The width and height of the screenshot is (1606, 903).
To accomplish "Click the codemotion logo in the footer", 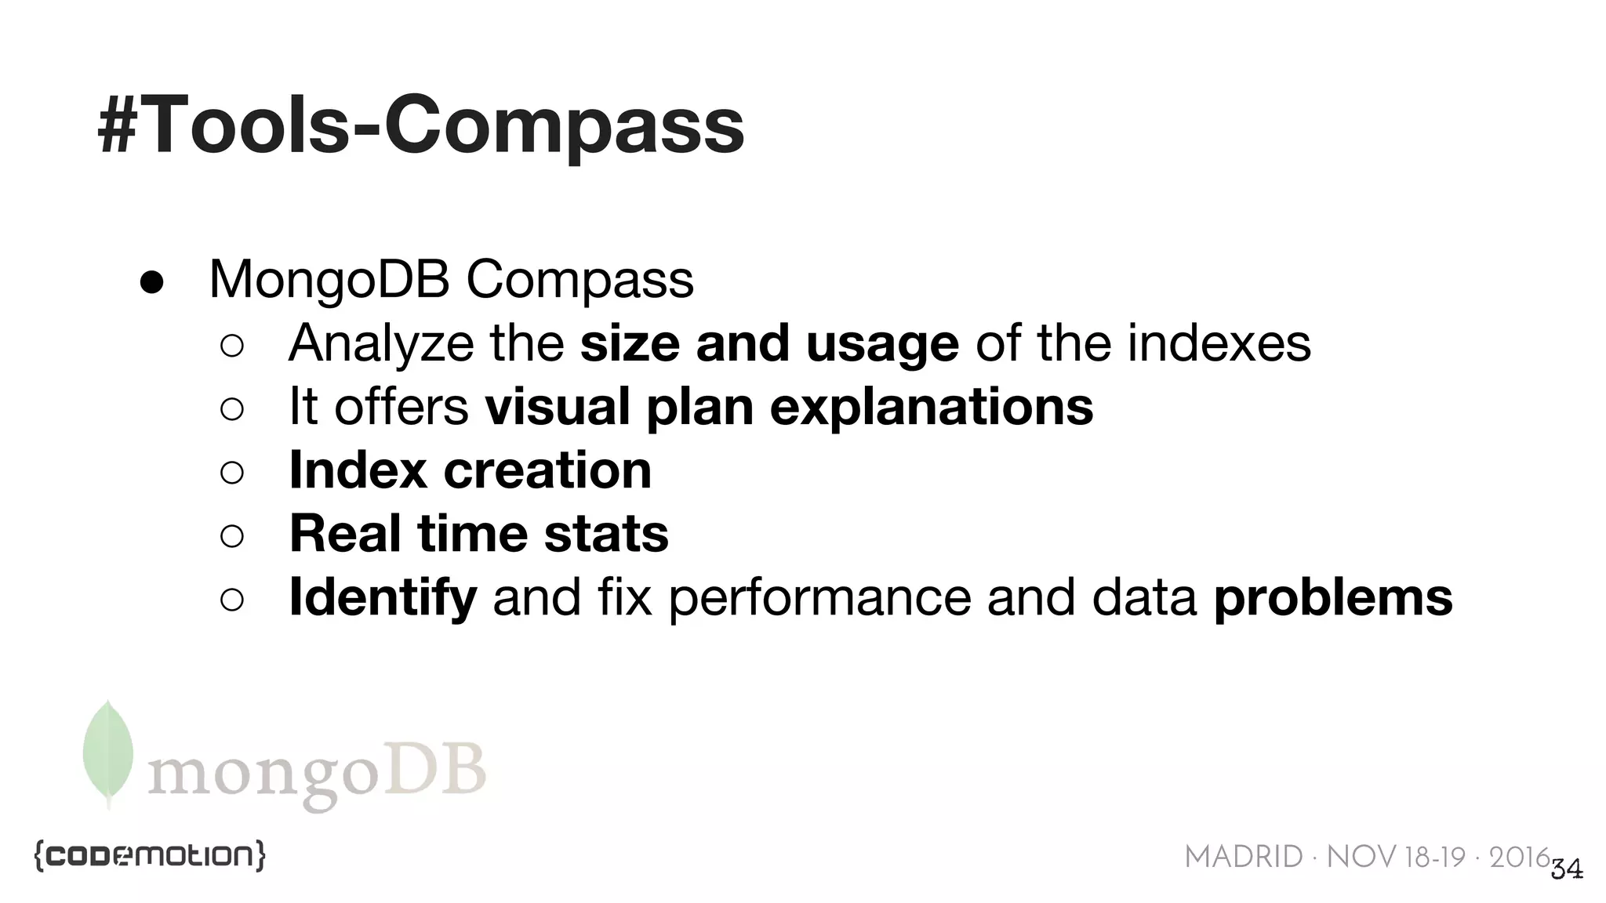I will pyautogui.click(x=150, y=855).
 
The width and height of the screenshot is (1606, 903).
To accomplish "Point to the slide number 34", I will pyautogui.click(x=1567, y=869).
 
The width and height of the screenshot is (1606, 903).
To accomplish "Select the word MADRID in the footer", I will pyautogui.click(x=1244, y=858).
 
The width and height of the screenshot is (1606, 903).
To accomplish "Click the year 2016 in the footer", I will pyautogui.click(x=1520, y=858).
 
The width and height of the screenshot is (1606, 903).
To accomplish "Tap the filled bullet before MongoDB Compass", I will pyautogui.click(x=151, y=281).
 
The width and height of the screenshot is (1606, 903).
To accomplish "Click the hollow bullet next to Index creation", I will pyautogui.click(x=232, y=472).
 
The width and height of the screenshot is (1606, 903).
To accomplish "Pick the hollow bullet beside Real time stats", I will pyautogui.click(x=232, y=536).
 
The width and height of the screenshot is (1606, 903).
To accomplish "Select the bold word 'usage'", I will pyautogui.click(x=882, y=343).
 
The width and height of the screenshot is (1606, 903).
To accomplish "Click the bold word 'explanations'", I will pyautogui.click(x=932, y=407).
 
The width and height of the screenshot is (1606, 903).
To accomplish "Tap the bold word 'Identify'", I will pyautogui.click(x=383, y=597).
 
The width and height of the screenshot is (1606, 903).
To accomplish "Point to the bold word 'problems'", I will pyautogui.click(x=1333, y=597).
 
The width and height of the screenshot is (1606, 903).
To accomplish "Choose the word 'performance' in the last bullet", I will pyautogui.click(x=819, y=597).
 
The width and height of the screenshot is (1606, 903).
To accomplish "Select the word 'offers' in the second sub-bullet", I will pyautogui.click(x=401, y=407).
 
